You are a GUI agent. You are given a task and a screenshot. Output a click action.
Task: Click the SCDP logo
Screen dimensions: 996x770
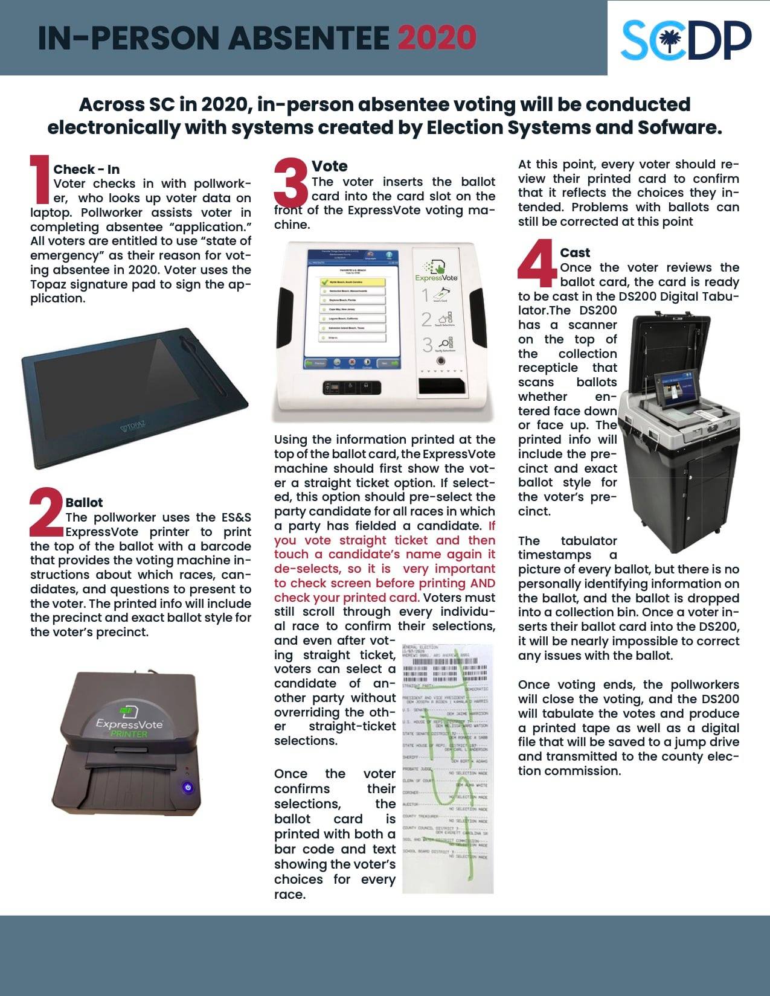coord(686,40)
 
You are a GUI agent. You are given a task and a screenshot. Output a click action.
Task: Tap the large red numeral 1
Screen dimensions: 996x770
coord(40,179)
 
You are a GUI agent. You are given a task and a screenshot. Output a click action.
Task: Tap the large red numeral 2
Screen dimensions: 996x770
coord(47,512)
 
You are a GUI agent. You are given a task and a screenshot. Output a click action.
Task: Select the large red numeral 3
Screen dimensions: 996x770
coord(292,181)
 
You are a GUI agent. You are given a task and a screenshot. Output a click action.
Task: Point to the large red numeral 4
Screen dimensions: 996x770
coord(537,263)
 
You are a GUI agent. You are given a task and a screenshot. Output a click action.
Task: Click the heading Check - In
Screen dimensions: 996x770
coord(86,170)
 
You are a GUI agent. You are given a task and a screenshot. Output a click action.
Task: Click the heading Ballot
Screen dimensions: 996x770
coord(84,502)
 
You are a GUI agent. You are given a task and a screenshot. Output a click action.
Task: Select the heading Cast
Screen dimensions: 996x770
coord(574,253)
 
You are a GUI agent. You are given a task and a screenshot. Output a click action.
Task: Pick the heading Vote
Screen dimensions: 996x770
coord(329,166)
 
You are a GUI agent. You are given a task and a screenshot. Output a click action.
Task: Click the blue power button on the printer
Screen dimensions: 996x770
coord(188,787)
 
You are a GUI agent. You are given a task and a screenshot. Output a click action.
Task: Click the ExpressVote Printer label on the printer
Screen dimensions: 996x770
coord(129,727)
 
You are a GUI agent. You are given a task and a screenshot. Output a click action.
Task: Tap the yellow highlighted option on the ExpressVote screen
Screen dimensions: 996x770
coord(353,282)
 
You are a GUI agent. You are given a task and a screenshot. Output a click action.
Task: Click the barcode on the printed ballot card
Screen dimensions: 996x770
coord(444,672)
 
